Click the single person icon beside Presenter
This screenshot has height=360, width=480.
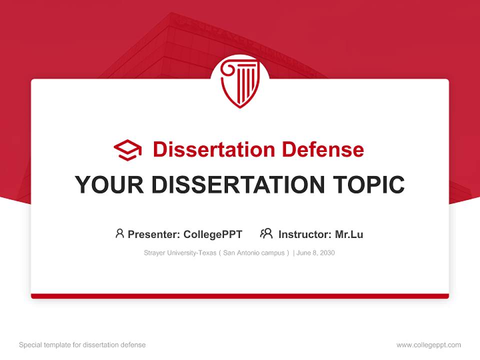(x=119, y=233)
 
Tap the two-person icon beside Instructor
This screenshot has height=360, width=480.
(x=266, y=233)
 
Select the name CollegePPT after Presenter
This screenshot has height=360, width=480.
(x=213, y=234)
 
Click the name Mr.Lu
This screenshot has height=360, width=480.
(x=349, y=234)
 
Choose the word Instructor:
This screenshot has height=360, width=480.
(x=304, y=234)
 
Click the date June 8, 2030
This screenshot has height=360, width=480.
(x=315, y=253)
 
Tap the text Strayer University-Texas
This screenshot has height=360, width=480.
(x=179, y=253)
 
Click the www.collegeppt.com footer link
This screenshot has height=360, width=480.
(x=428, y=345)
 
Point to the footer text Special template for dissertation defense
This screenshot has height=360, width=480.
(x=82, y=345)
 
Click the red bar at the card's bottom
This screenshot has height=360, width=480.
(x=240, y=296)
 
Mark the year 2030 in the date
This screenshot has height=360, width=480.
(x=327, y=253)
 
